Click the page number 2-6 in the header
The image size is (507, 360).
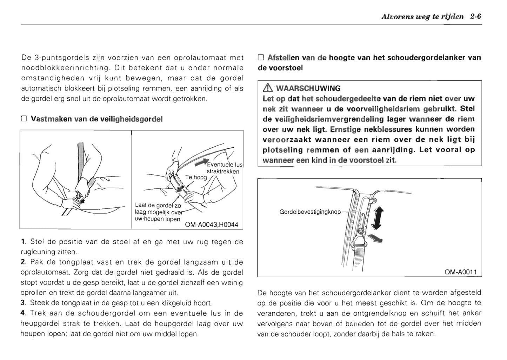tap(476, 16)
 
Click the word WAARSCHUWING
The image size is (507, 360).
tap(308, 88)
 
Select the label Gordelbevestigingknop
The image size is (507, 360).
tap(310, 212)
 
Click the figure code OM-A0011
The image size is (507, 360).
tap(461, 272)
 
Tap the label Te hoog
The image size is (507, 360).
tap(196, 178)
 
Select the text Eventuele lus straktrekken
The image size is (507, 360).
tap(224, 168)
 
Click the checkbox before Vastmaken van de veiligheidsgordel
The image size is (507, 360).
tap(24, 119)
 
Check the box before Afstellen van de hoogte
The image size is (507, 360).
tap(260, 58)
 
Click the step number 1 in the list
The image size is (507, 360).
tap(23, 242)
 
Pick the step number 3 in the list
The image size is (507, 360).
tap(23, 303)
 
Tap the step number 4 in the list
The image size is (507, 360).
tap(23, 313)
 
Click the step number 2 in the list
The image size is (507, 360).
tap(23, 262)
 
